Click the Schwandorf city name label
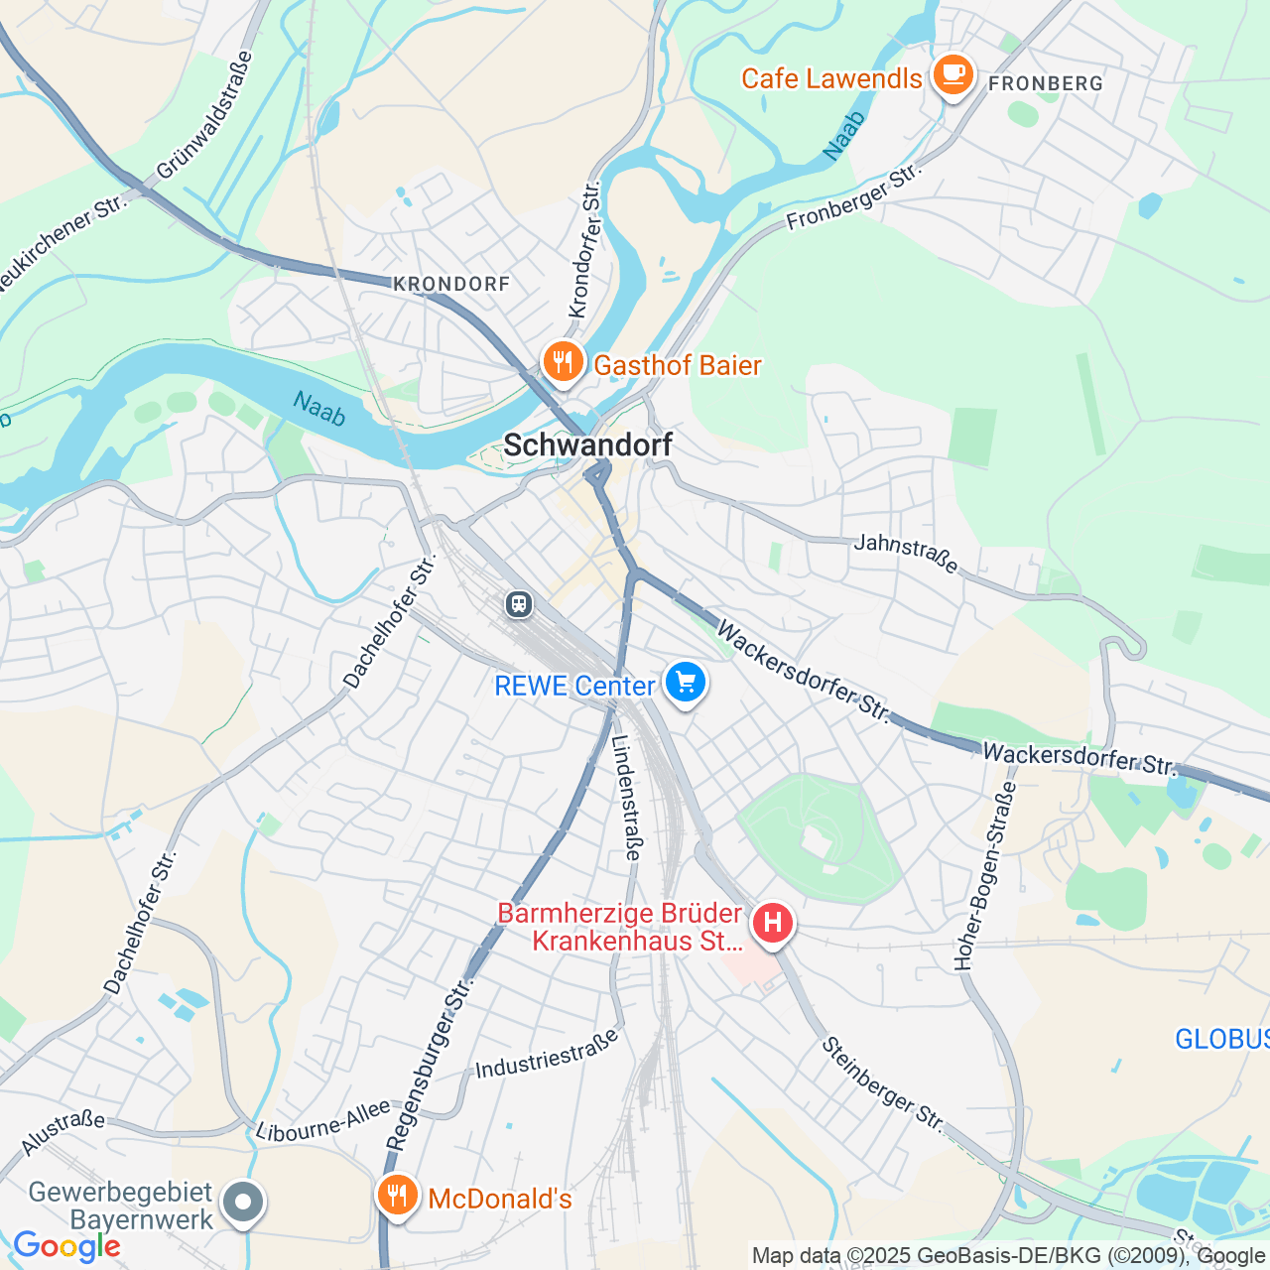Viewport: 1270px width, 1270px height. (x=587, y=445)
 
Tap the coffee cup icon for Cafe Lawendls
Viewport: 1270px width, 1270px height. (x=952, y=75)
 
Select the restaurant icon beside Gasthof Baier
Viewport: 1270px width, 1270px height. (x=563, y=362)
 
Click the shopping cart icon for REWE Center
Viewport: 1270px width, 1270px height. (x=685, y=683)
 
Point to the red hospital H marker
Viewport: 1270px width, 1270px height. (x=772, y=924)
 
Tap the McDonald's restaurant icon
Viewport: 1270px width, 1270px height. (x=397, y=1196)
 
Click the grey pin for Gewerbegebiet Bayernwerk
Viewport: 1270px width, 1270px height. (x=243, y=1203)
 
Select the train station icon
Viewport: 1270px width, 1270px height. (x=518, y=603)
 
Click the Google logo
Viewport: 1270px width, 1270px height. (x=66, y=1246)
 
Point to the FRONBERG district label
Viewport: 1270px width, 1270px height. (x=1046, y=84)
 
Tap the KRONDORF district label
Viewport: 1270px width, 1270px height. (x=451, y=285)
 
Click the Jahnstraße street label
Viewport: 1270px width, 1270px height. (x=906, y=554)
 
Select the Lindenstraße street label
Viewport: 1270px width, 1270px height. (x=627, y=797)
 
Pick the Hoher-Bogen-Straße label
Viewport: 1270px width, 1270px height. (x=984, y=875)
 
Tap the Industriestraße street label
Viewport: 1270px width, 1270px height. (x=547, y=1055)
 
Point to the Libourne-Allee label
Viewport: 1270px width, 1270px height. (x=323, y=1120)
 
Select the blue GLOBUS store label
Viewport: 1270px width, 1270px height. (x=1221, y=1039)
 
